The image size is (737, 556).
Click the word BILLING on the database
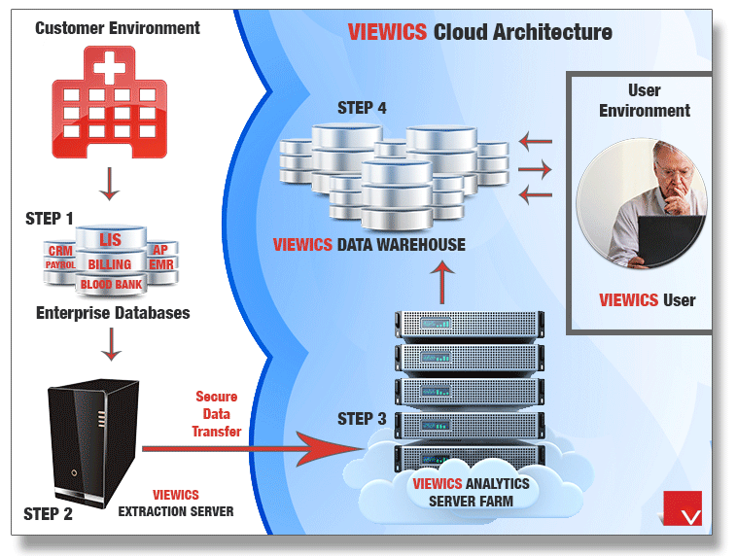point(109,263)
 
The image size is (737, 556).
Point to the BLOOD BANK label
point(110,286)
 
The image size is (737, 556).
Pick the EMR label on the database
point(161,264)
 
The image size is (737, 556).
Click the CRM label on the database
point(60,251)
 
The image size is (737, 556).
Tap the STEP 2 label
point(48,514)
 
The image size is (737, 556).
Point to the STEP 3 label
point(362,419)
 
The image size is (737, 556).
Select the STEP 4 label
point(362,108)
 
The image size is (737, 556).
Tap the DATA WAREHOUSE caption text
point(401,245)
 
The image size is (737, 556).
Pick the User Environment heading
point(644,101)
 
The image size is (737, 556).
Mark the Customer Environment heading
point(118,27)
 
